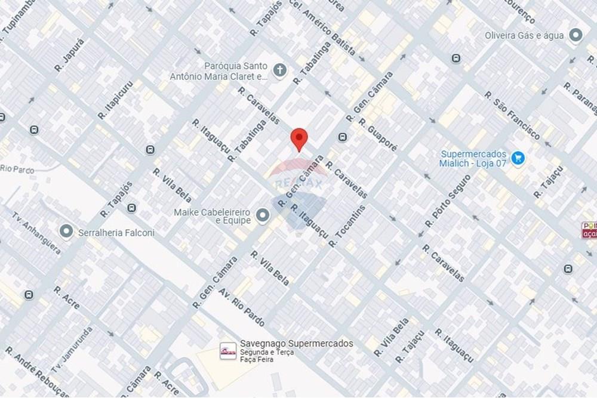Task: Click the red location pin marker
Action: pos(299,138)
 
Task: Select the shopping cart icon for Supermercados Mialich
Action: pos(518,158)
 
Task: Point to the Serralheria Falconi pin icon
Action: pos(67,231)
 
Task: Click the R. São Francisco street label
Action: pos(512,115)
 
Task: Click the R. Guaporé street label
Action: pos(378,134)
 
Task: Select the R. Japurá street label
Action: pos(70,55)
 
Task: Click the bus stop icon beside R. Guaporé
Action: pos(342,138)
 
